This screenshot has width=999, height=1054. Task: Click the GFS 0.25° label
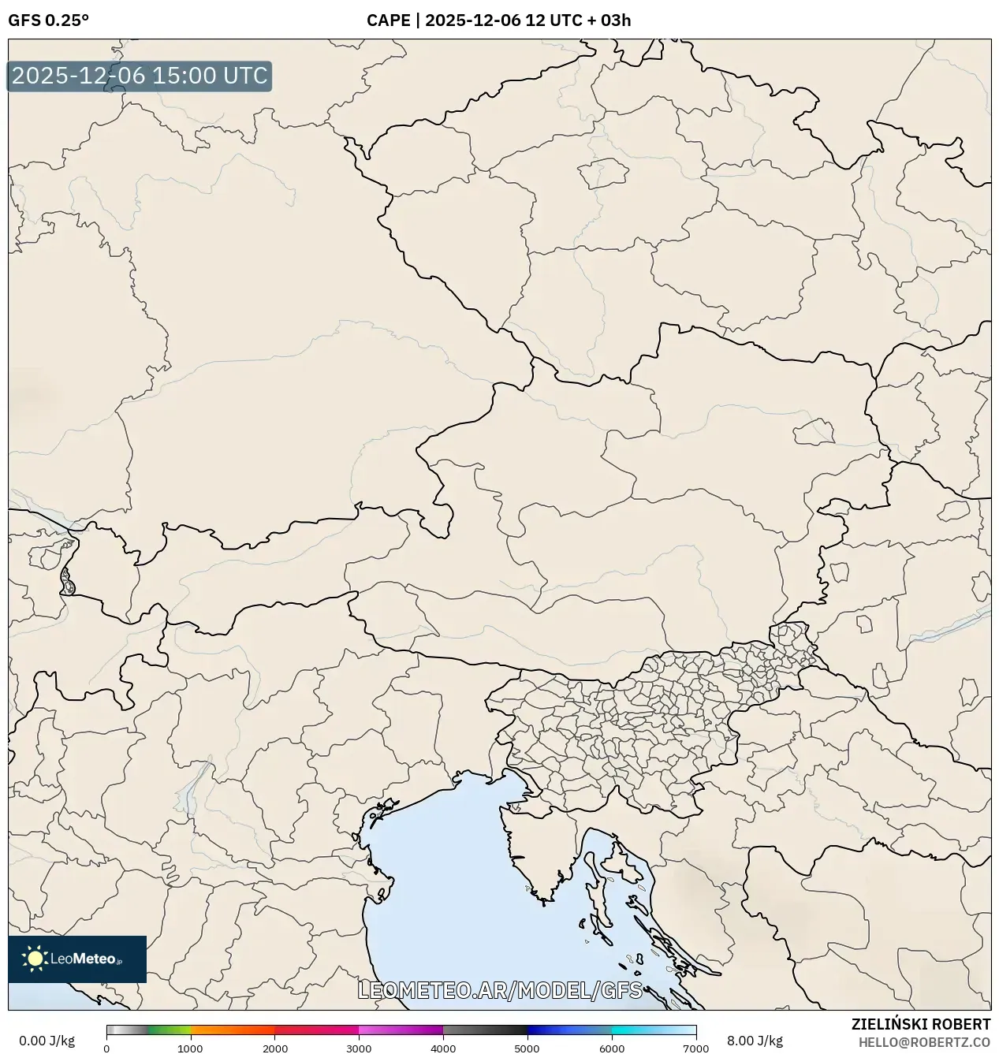[48, 20]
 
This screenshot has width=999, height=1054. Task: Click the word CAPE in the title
[388, 20]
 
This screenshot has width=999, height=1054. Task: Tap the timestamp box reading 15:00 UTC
[140, 76]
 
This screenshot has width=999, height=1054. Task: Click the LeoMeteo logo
[77, 959]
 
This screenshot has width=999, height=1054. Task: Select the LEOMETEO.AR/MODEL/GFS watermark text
[500, 990]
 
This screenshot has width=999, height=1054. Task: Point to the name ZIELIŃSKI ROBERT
[920, 1024]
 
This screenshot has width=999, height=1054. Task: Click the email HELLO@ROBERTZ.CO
[924, 1041]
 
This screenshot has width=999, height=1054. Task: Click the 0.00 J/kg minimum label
[47, 1041]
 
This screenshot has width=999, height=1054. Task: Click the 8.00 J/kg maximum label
[755, 1041]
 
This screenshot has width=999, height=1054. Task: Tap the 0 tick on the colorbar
[106, 1048]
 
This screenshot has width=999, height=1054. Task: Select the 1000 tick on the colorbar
[190, 1048]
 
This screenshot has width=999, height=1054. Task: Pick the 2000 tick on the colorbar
[274, 1048]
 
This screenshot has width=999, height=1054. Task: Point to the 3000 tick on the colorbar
[359, 1048]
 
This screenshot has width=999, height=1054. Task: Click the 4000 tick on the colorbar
[443, 1048]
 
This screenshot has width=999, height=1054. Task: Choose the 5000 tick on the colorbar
[527, 1048]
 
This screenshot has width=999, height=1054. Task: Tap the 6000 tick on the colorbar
[611, 1048]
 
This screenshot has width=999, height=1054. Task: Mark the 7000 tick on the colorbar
[695, 1048]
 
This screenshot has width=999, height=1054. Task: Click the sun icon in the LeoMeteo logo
[35, 959]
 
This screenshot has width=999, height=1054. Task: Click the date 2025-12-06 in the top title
[472, 20]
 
